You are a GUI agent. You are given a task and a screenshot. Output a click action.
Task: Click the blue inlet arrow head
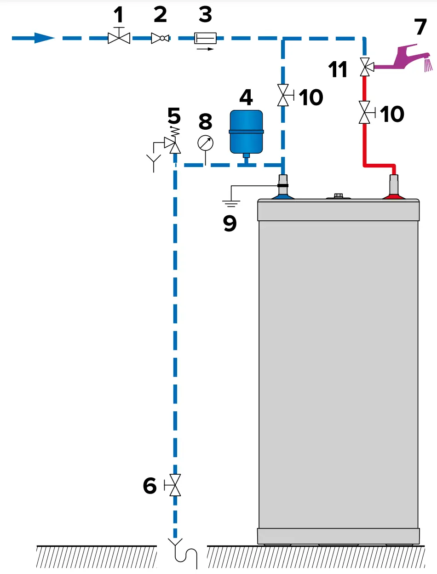[45, 38]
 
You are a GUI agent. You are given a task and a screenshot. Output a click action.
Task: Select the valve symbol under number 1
[119, 38]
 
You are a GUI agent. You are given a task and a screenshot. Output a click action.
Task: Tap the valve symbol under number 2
[160, 38]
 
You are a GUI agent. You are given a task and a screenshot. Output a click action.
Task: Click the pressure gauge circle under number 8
[205, 143]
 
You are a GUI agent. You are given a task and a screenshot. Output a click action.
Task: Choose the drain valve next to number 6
[174, 485]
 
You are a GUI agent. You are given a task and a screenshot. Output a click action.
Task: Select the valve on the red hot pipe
[365, 113]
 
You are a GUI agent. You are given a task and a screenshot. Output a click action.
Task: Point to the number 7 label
[420, 27]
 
